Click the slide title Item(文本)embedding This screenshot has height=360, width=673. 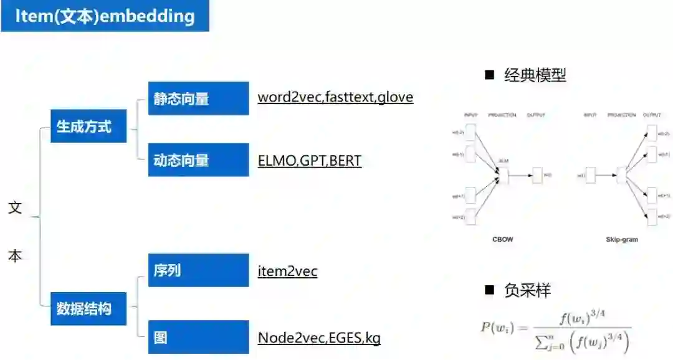105,16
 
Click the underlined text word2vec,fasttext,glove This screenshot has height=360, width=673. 335,97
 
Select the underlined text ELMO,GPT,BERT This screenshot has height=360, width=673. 309,160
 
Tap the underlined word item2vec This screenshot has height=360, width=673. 287,271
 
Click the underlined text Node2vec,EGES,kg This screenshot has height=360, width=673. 319,338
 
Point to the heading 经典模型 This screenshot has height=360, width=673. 535,76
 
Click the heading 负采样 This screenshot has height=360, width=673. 527,290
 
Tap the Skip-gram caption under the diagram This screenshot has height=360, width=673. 621,239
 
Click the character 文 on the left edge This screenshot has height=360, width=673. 15,207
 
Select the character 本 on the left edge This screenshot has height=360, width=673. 15,255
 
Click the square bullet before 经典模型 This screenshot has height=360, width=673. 489,76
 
